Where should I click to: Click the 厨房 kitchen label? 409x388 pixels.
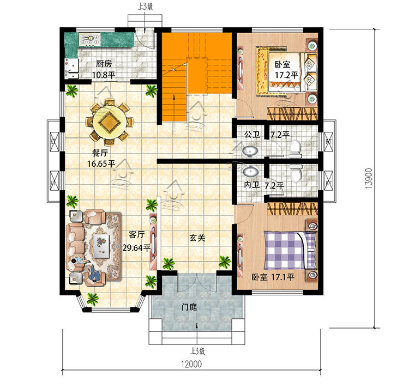pyautogui.click(x=104, y=64)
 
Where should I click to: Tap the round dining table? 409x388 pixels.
pyautogui.click(x=110, y=122)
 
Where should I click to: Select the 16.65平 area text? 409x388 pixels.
pyautogui.click(x=101, y=163)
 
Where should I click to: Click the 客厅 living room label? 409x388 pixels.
pyautogui.click(x=137, y=234)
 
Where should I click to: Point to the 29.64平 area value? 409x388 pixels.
pyautogui.click(x=136, y=247)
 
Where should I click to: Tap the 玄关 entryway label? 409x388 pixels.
pyautogui.click(x=197, y=238)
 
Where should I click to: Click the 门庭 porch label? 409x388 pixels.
pyautogui.click(x=189, y=307)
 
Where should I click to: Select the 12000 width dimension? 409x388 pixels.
pyautogui.click(x=191, y=364)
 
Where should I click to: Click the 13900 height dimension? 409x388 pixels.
pyautogui.click(x=369, y=178)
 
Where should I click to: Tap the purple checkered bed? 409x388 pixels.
pyautogui.click(x=290, y=250)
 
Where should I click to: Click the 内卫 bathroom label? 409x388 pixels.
pyautogui.click(x=252, y=185)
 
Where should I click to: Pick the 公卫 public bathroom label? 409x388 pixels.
pyautogui.click(x=252, y=135)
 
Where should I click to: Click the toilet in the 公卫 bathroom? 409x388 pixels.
pyautogui.click(x=295, y=149)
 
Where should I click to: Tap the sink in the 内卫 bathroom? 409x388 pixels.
pyautogui.click(x=251, y=172)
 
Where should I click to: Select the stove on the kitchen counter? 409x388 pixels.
pyautogui.click(x=90, y=40)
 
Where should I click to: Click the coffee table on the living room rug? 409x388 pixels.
pyautogui.click(x=101, y=246)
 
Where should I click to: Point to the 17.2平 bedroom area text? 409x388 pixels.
pyautogui.click(x=286, y=75)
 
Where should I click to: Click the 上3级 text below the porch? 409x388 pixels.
pyautogui.click(x=197, y=351)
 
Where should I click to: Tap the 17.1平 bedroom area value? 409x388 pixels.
pyautogui.click(x=282, y=277)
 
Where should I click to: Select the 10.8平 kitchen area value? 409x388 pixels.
pyautogui.click(x=104, y=75)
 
